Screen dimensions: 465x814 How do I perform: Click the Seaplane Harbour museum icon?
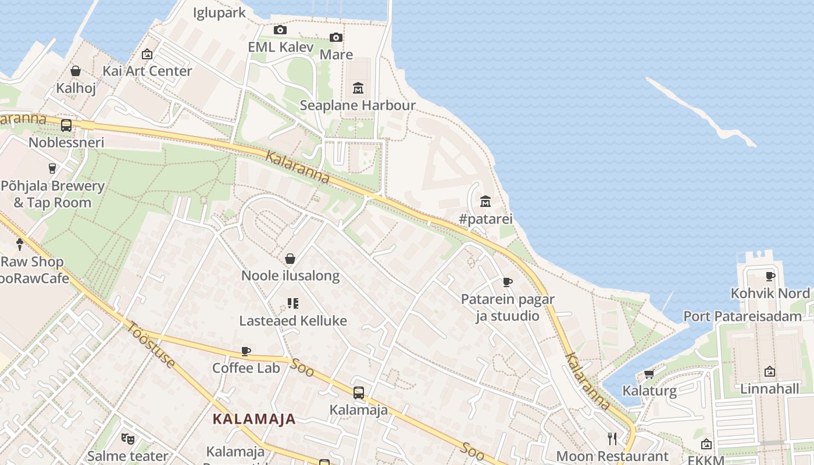(x=358, y=88)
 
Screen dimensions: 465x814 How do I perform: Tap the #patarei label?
(x=485, y=219)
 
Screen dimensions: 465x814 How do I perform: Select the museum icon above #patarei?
(x=485, y=202)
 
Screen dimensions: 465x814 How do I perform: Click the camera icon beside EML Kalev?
(x=280, y=30)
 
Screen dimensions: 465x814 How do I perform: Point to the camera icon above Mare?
(x=336, y=37)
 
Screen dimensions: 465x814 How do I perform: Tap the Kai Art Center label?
(x=147, y=71)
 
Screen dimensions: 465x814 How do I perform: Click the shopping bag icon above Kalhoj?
(x=76, y=71)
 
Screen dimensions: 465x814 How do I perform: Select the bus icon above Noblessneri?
(x=66, y=125)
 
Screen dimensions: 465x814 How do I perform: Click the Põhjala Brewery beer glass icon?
(x=52, y=169)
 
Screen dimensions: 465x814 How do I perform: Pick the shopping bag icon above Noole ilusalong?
(x=290, y=259)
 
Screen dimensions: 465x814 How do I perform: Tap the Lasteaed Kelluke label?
(x=293, y=320)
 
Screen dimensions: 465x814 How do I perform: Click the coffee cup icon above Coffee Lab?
(x=246, y=351)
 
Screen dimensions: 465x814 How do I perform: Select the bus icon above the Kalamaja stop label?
(x=359, y=393)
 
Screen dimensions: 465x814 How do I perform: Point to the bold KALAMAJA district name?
(x=254, y=419)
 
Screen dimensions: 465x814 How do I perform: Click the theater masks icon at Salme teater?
(x=128, y=438)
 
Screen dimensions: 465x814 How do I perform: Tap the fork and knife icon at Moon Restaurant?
(x=612, y=439)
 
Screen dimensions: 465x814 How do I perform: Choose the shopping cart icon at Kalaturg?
(x=649, y=374)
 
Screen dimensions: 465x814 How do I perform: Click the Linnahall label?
(x=769, y=388)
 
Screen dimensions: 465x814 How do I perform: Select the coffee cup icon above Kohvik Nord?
(x=770, y=276)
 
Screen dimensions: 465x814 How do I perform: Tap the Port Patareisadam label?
(x=742, y=316)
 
